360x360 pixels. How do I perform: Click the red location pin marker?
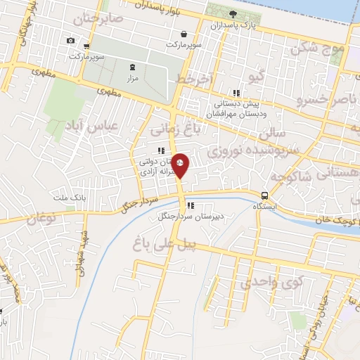[x=181, y=166]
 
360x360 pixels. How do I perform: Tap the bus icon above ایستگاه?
[x=264, y=195]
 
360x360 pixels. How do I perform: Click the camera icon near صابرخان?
[x=70, y=41]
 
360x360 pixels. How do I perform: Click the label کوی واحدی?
[x=265, y=282]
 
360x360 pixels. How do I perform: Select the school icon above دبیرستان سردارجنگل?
[x=190, y=206]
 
